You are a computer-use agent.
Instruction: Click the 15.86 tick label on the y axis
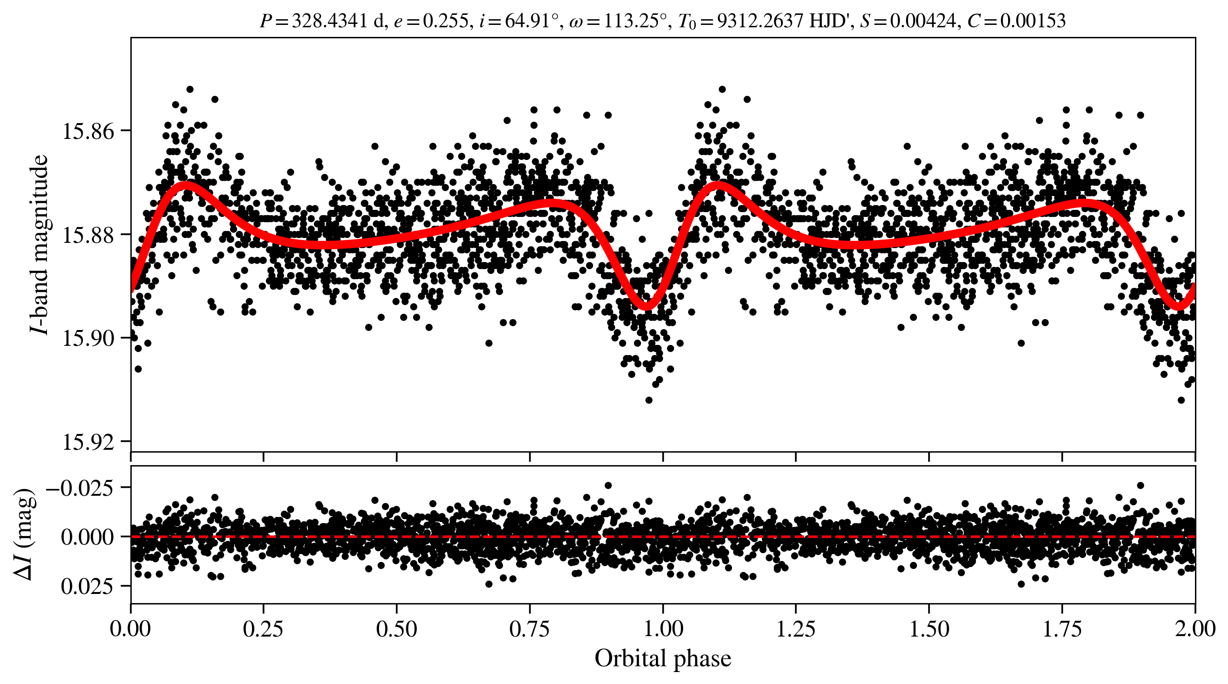click(x=89, y=131)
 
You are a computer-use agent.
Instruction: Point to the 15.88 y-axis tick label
click(x=89, y=235)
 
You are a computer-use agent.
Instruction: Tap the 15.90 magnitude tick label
click(x=89, y=338)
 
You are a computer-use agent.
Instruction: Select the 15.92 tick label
click(x=89, y=442)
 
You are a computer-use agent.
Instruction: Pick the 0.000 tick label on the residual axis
click(x=87, y=537)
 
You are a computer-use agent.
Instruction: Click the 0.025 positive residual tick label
click(x=87, y=586)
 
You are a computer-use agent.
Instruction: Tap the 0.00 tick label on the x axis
click(x=130, y=628)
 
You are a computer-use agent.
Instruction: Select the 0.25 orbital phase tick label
click(x=263, y=628)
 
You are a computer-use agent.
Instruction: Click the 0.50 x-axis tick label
click(x=396, y=628)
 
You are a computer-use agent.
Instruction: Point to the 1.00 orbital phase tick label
click(x=663, y=628)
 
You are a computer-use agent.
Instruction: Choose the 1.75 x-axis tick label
click(x=1062, y=628)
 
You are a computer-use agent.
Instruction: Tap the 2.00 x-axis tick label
click(x=1195, y=628)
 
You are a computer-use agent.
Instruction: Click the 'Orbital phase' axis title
click(x=663, y=658)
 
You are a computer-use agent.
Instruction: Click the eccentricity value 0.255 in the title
click(x=445, y=21)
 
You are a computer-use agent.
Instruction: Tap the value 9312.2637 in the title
click(x=759, y=21)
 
